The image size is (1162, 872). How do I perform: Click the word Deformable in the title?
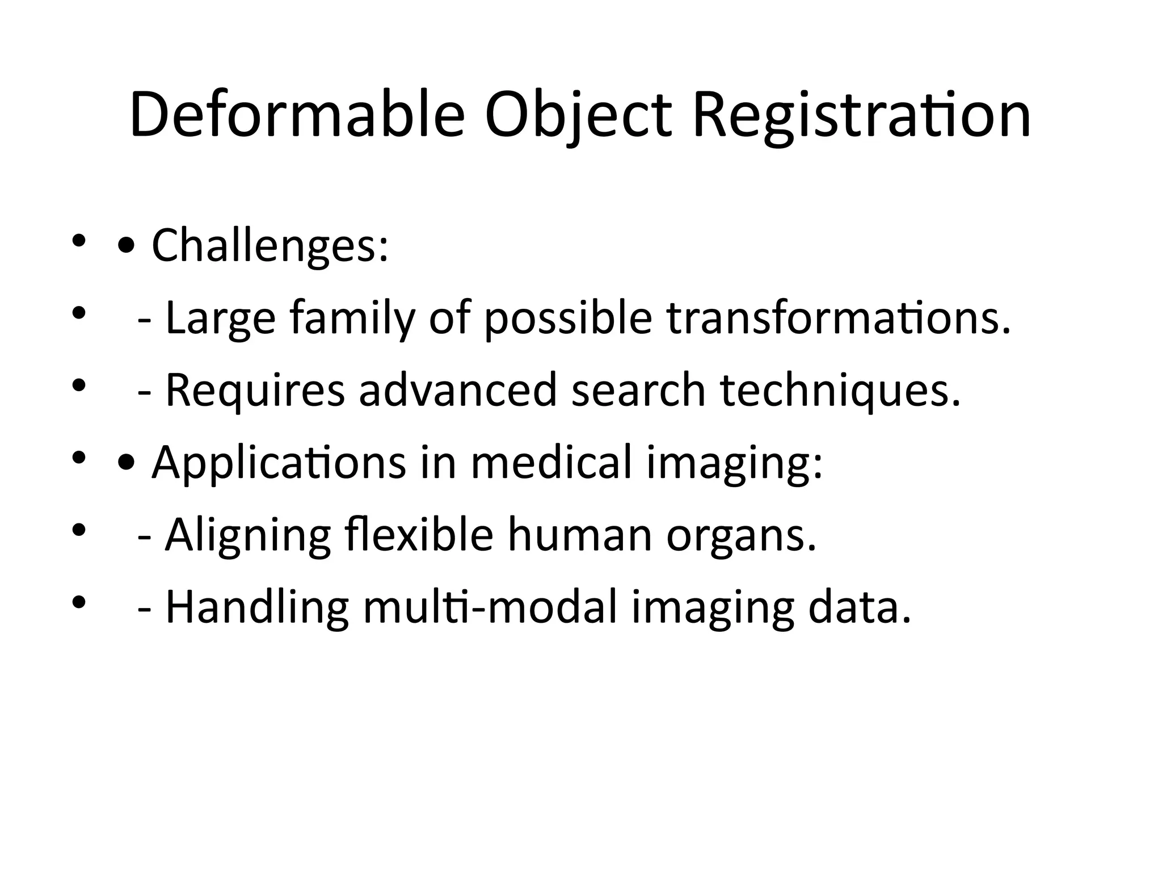coord(297,115)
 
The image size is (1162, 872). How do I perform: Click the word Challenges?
coord(270,245)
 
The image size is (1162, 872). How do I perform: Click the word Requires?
coord(255,390)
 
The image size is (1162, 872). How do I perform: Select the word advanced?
coord(458,390)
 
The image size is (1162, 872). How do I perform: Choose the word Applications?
coord(279,463)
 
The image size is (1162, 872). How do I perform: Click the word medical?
coord(551,462)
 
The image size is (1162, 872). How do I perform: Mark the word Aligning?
coord(248,536)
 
